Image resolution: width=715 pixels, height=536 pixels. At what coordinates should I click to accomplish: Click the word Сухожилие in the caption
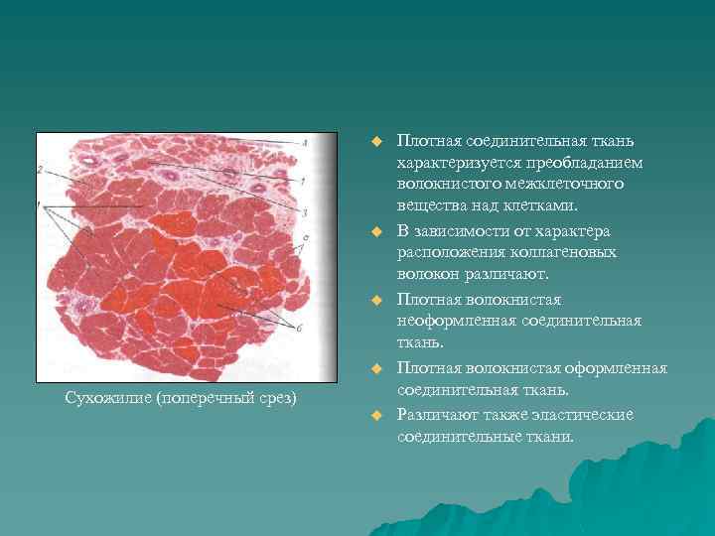103,398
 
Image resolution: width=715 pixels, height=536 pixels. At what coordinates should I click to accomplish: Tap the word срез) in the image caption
277,398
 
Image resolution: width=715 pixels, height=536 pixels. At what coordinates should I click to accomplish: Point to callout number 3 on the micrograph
305,211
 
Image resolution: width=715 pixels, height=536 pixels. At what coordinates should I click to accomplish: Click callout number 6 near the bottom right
297,326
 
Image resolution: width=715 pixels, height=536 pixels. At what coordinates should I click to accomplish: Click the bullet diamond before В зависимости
377,231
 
